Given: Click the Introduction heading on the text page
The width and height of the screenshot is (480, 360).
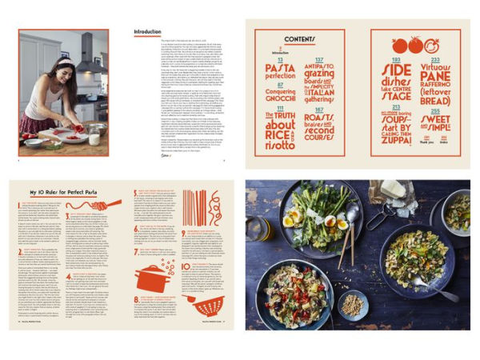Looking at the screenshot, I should [147, 33].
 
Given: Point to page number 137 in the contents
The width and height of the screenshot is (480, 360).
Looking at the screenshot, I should [320, 60].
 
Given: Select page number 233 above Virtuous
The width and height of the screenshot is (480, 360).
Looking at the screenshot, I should [434, 59].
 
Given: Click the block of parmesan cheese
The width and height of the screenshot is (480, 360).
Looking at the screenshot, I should [393, 190].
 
